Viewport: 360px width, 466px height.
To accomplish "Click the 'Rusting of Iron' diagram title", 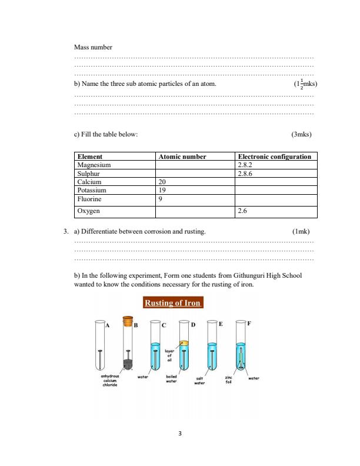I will (173, 303).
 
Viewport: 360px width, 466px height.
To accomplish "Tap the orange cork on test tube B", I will (127, 321).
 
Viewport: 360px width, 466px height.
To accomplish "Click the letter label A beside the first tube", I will (107, 324).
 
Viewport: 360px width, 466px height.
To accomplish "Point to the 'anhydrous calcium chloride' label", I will (111, 380).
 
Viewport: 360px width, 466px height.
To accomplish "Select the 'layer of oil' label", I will (169, 357).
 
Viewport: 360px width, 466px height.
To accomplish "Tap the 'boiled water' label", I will (172, 378).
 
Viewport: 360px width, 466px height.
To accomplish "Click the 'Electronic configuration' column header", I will (274, 157).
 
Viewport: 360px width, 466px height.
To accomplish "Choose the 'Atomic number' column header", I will (182, 157).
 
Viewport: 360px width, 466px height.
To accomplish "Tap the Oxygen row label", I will (89, 210).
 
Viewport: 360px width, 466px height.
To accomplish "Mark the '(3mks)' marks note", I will (301, 134).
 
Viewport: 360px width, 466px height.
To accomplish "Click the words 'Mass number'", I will (93, 46).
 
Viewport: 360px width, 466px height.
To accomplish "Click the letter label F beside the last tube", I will (248, 324).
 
